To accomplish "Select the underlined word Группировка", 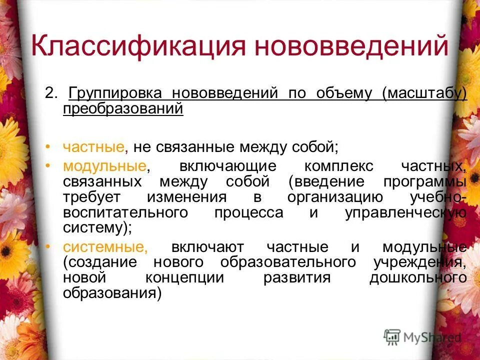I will (x=115, y=93).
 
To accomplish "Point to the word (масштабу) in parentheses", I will (x=424, y=93).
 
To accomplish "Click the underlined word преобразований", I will (x=123, y=108).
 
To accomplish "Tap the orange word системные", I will (x=105, y=247).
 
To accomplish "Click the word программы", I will (x=424, y=181).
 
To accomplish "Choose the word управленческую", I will (x=406, y=212).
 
